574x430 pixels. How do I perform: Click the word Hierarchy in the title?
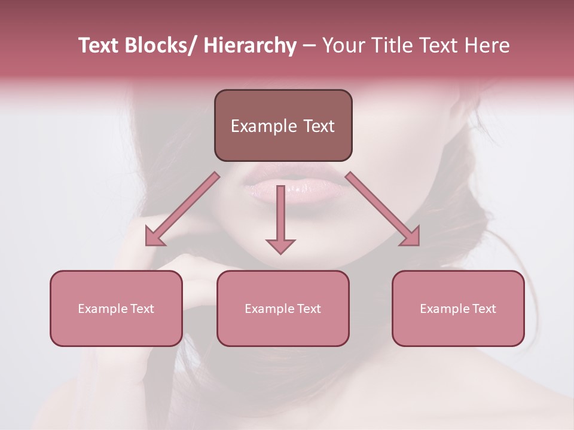[x=250, y=46]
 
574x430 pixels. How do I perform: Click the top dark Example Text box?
[x=283, y=125]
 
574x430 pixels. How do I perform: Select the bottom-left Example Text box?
[x=116, y=308]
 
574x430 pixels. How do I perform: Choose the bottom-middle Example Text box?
[x=283, y=308]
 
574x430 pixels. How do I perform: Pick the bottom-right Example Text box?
[x=458, y=308]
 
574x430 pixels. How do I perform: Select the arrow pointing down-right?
[x=383, y=209]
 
